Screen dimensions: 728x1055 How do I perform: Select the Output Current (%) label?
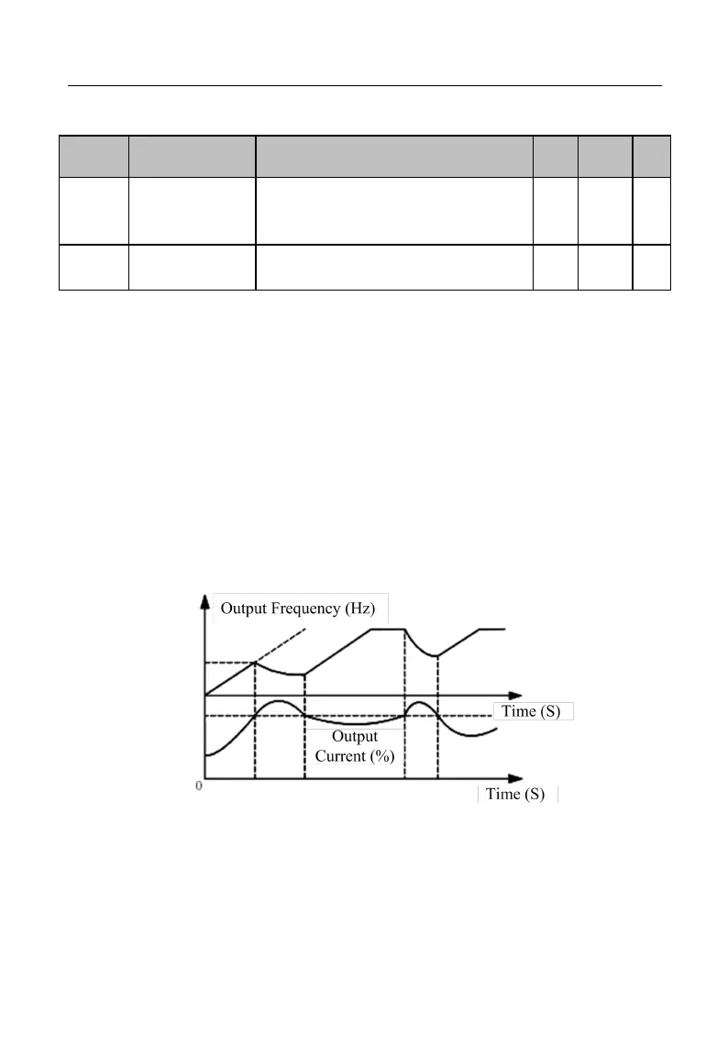pos(355,747)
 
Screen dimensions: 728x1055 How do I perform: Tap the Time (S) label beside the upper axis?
pos(533,712)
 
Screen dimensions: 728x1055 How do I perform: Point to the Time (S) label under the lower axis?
pos(517,795)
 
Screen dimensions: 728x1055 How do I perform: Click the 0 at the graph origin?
pos(199,786)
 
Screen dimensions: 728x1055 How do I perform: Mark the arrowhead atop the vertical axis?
pos(204,600)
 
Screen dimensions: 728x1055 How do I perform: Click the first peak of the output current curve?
pos(279,702)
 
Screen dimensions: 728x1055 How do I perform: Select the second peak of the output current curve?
pos(419,702)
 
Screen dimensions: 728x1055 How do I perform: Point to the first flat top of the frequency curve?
pos(386,629)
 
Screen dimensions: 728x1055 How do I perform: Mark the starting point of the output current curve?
pos(205,755)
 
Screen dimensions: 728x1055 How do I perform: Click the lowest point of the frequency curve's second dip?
pos(438,655)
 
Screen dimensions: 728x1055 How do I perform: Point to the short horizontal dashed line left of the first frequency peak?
pos(229,663)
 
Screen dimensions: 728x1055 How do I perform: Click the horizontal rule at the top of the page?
pos(365,86)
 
